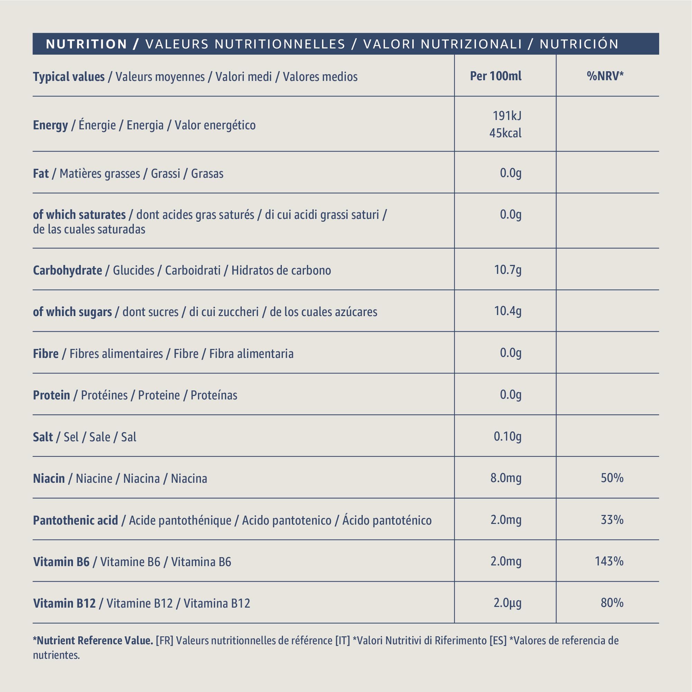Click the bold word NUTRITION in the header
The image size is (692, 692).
coord(86,44)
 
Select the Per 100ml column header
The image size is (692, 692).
coord(496,76)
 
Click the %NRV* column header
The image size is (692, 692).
coord(605,76)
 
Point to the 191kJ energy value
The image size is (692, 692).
coord(507,116)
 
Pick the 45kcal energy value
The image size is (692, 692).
coord(505,133)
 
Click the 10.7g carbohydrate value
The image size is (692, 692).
coord(508,270)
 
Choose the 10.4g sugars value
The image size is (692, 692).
coord(508,311)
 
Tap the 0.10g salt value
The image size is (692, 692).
coord(508,436)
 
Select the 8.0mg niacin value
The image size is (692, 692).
coord(506,478)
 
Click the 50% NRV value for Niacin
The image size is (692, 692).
coord(612,478)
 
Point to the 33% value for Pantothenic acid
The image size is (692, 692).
coord(612,520)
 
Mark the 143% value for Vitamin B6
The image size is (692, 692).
coord(609,561)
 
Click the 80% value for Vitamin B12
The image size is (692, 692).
coord(612,603)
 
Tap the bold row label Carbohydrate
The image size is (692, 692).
coord(67,270)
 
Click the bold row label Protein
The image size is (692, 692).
coord(51,395)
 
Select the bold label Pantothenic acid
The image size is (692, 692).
coord(75,520)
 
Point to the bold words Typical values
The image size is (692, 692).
coord(69,77)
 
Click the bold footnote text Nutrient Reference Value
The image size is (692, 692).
coord(95,640)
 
